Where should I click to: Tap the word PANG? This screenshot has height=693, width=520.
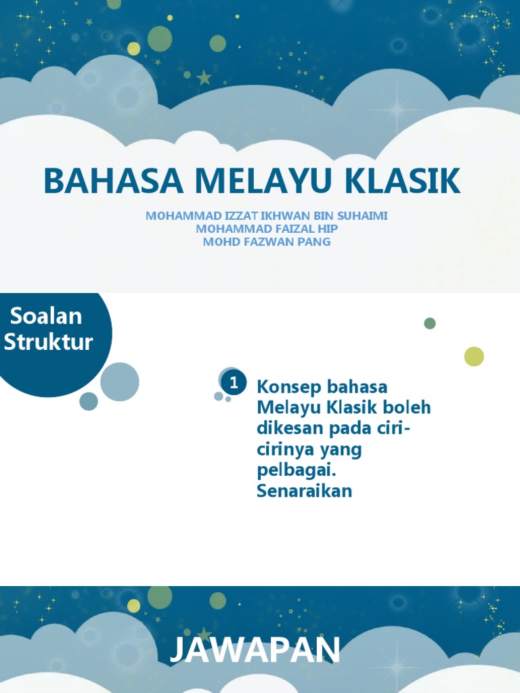click(x=313, y=242)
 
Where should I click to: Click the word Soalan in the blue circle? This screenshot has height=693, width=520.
click(x=46, y=316)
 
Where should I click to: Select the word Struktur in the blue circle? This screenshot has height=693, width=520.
click(x=48, y=342)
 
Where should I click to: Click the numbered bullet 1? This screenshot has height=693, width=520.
click(x=234, y=383)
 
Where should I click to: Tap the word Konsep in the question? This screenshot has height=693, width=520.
click(x=288, y=388)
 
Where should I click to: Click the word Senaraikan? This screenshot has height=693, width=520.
click(x=304, y=491)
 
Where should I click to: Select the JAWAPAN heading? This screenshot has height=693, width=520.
click(x=255, y=651)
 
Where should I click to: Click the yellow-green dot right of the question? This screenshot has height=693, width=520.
click(x=474, y=357)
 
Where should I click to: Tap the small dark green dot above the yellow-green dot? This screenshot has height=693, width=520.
click(x=430, y=323)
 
